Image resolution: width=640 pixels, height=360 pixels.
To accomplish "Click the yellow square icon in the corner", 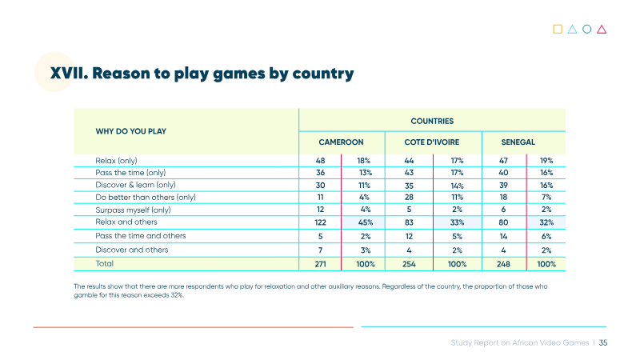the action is tap(558, 29).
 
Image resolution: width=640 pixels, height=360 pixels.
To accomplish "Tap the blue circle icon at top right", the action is tap(587, 29).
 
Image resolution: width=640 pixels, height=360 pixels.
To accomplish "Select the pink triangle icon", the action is tap(602, 30).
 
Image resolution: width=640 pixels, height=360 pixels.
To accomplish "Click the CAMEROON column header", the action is tap(341, 142).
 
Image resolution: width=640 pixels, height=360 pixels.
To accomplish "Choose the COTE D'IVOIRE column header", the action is tap(432, 142).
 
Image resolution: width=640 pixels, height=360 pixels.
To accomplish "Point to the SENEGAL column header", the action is tap(518, 142).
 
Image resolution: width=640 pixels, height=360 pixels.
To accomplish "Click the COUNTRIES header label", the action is tap(432, 122).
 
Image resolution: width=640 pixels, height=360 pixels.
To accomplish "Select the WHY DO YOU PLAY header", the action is tap(131, 131).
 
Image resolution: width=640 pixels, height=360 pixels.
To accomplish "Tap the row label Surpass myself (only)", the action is tap(133, 210).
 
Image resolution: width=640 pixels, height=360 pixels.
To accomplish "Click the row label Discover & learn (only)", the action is tap(135, 185).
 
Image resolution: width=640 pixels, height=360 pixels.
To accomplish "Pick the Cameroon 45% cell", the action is tap(366, 222).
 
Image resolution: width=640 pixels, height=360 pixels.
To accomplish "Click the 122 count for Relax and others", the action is tap(321, 222).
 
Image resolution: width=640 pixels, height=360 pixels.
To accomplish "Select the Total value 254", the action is tap(409, 264).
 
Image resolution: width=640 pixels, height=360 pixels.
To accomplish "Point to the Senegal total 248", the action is tap(503, 264).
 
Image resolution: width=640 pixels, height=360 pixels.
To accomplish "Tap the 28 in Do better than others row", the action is tap(409, 197).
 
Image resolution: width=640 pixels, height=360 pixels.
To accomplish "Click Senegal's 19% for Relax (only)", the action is tap(546, 161).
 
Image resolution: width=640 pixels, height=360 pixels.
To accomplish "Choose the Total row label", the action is tap(105, 264).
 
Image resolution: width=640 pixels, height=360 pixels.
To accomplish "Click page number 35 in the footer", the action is tap(603, 343).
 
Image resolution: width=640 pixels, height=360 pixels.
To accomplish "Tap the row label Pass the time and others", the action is tap(141, 236).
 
